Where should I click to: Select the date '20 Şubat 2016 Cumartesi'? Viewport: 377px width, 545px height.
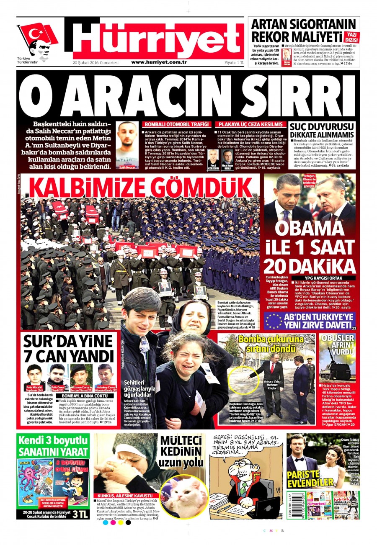point(96,62)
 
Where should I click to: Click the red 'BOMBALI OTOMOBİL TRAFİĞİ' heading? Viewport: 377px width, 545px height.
point(177,124)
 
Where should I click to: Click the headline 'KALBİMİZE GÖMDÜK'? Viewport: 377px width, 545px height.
point(140,188)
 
